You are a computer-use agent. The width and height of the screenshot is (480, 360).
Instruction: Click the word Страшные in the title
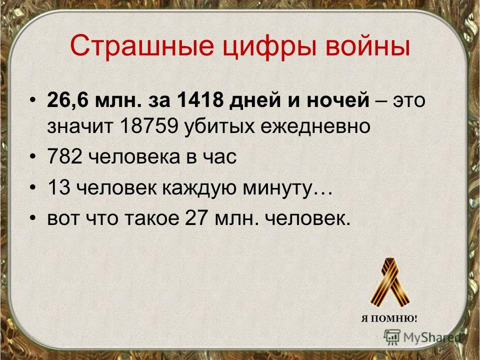tap(141, 45)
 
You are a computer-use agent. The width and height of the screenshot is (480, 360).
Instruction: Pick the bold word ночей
tap(338, 100)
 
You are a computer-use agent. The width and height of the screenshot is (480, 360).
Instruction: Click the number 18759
tap(149, 126)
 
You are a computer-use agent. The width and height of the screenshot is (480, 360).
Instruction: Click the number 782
tap(65, 156)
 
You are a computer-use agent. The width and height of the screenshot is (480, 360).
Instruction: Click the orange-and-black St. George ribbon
tap(389, 283)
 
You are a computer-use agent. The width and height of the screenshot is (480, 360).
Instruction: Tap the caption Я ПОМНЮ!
tap(389, 318)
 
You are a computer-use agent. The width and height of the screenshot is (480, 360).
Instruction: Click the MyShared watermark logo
tap(422, 337)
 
